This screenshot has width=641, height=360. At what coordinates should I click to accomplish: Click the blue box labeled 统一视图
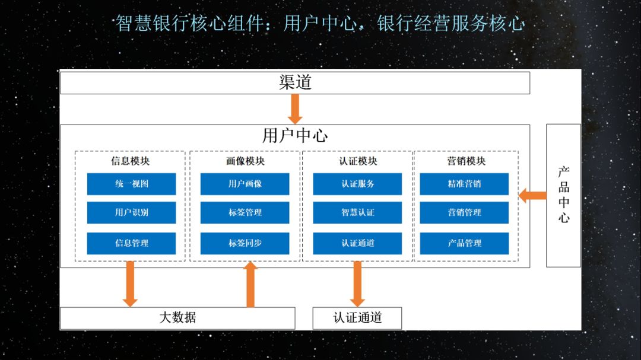click(131, 184)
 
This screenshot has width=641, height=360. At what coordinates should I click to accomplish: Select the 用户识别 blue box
click(131, 212)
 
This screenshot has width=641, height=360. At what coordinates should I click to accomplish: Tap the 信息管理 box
click(131, 243)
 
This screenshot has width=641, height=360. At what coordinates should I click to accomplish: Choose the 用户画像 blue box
click(245, 184)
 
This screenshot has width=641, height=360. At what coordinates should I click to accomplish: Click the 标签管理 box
click(245, 212)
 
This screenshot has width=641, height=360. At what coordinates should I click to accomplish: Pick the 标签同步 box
click(245, 243)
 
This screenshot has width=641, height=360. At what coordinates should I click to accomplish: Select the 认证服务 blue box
click(357, 184)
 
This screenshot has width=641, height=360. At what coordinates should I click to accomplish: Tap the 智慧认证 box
click(357, 212)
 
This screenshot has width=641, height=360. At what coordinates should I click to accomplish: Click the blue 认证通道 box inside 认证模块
click(357, 243)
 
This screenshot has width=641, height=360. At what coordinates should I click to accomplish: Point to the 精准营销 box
click(464, 184)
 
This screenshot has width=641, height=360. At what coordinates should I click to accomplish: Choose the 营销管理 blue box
click(464, 212)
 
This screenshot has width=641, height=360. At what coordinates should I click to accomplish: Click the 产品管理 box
click(464, 243)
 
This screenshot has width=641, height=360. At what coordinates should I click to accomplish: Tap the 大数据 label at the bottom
click(177, 317)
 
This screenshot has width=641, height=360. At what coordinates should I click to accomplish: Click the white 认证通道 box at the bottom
click(357, 318)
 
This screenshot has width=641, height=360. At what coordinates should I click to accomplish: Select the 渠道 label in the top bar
click(295, 82)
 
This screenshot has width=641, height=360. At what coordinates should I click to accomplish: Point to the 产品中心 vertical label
click(564, 195)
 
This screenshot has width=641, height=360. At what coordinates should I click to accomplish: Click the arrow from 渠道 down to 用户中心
click(295, 109)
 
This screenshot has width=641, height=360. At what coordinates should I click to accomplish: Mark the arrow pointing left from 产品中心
click(532, 196)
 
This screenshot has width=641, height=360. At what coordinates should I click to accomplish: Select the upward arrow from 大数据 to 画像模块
click(250, 285)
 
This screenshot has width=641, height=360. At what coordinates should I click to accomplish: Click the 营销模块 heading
click(466, 161)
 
